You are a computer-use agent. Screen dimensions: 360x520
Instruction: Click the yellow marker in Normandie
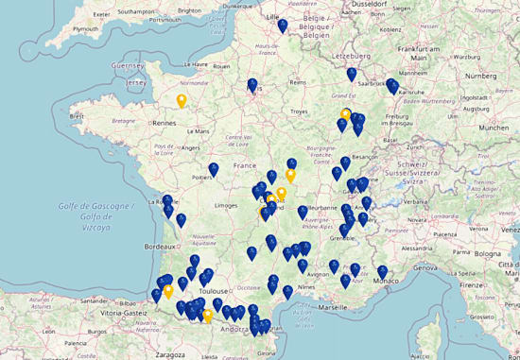[x=182, y=101]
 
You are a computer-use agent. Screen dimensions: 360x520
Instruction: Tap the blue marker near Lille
[x=283, y=26]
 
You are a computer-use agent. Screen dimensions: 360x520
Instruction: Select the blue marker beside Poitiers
[x=214, y=170]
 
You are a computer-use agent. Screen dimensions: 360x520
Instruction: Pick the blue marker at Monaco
[x=382, y=273]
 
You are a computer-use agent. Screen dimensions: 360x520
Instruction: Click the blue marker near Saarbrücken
[x=351, y=75]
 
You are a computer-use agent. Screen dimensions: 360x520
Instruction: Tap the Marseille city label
[x=333, y=307]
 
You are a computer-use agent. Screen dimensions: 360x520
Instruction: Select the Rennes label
[x=165, y=122]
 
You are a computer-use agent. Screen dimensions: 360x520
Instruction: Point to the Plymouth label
[x=85, y=28]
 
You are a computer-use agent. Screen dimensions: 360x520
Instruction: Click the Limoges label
[x=226, y=205]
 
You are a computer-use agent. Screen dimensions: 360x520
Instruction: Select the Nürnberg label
[x=492, y=75]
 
